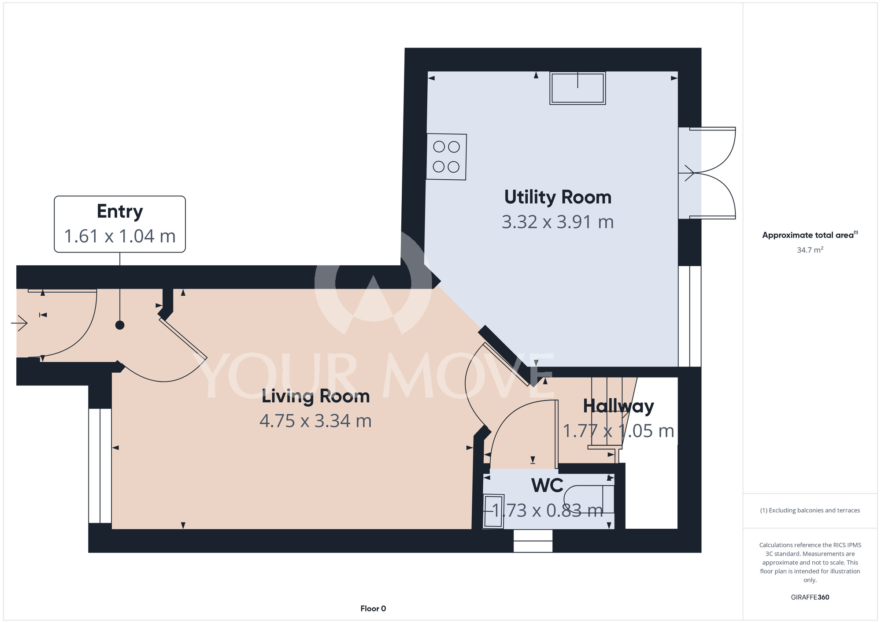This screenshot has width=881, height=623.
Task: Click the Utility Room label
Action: coord(558,197)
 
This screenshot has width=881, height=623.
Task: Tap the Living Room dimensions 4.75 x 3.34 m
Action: coord(315,421)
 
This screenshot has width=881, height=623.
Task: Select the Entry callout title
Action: coord(120,212)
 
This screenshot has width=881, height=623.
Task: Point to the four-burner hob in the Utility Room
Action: coord(446,157)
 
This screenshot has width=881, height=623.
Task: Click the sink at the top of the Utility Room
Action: coord(577,88)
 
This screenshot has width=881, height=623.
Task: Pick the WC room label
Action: coord(547,486)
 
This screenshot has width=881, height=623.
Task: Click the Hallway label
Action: coord(618,407)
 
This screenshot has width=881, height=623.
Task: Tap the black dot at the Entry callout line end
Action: coord(120,325)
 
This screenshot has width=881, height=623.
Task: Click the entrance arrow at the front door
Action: coord(19,324)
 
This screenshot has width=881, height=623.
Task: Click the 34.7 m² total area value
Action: coord(810,250)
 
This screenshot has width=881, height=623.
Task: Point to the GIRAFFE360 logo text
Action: coord(810,597)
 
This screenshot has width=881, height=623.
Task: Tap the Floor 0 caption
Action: coord(373,608)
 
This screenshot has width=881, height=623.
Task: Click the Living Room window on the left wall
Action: coord(100,466)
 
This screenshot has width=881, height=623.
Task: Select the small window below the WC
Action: coord(533,541)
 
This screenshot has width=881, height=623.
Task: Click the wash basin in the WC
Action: coord(493,511)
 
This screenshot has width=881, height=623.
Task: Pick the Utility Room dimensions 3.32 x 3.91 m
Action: coord(558,222)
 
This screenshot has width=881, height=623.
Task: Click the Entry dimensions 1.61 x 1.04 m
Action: coord(120,236)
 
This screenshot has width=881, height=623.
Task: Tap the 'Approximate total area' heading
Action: coord(810,235)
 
